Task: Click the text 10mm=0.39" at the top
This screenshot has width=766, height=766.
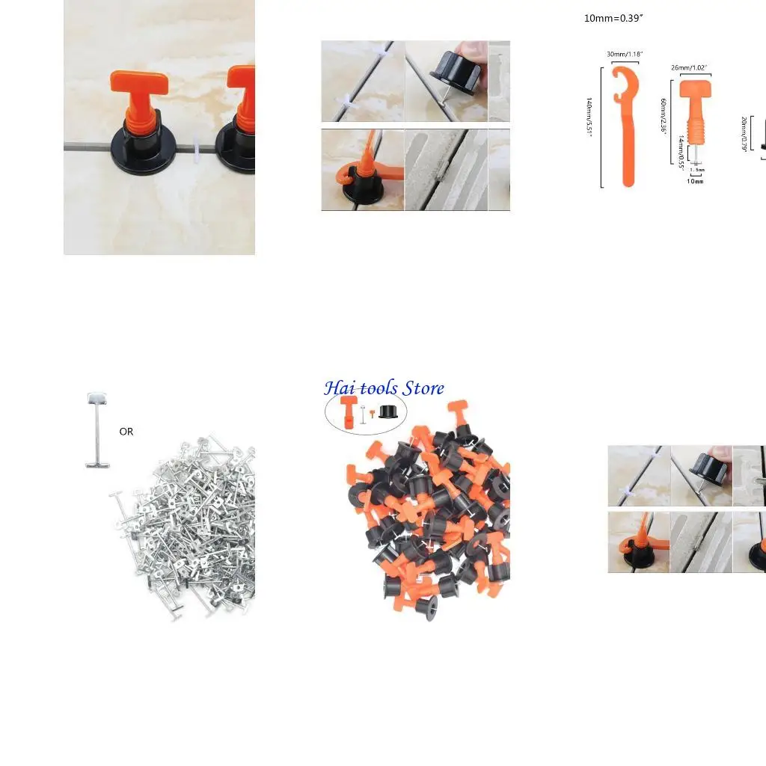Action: [613, 18]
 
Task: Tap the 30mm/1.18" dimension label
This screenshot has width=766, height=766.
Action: [625, 54]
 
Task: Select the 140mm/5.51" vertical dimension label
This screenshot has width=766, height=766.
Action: [590, 117]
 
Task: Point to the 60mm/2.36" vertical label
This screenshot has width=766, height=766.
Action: [664, 116]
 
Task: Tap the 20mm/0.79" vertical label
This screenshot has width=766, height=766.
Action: [744, 134]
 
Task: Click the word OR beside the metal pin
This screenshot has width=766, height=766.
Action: [126, 432]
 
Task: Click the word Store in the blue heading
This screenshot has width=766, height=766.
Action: [423, 388]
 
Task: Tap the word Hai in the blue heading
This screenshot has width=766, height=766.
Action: [339, 388]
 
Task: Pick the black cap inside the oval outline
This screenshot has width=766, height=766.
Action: [387, 411]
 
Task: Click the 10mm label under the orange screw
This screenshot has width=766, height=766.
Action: [695, 181]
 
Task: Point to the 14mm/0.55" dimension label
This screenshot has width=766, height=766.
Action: [680, 150]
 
